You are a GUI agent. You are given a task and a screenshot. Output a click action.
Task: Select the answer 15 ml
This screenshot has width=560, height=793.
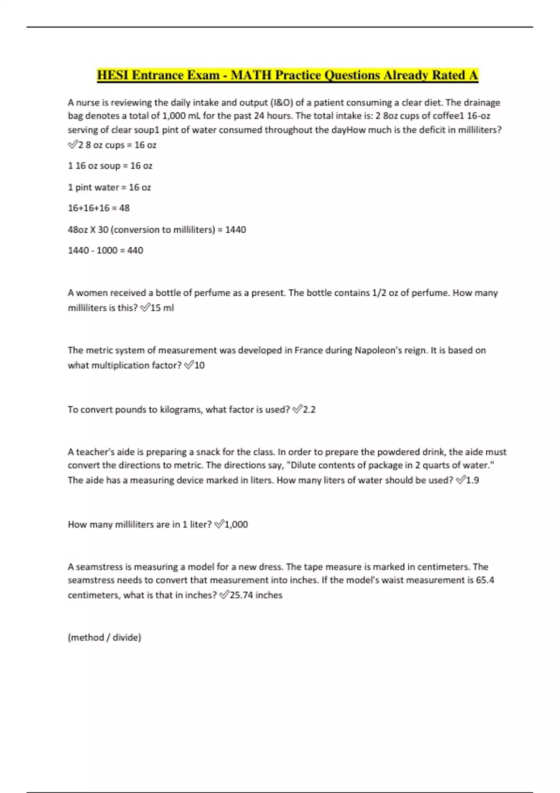coord(162,308)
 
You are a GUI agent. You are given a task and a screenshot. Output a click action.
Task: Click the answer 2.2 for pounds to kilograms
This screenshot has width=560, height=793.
coord(309,410)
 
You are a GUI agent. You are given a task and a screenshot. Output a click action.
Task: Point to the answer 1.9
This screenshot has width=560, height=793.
coord(472,480)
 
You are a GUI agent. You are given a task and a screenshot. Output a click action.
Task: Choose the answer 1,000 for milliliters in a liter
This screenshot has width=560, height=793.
coord(236,524)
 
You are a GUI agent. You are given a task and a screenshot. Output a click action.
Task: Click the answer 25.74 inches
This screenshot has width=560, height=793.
coord(256,595)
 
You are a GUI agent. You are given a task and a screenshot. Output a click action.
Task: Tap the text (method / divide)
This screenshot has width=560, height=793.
coord(105,637)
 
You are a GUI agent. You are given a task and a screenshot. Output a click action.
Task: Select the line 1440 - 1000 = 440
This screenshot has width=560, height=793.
coord(105,250)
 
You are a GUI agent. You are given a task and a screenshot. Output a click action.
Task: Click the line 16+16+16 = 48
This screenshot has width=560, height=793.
coord(98,208)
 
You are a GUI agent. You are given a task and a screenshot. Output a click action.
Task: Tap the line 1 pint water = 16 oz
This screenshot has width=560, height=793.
coord(109,188)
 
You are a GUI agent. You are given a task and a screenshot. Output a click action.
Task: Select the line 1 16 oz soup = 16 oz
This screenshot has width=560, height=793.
coord(110,166)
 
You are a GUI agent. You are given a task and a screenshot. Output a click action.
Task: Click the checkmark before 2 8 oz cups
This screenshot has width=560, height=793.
coord(72,145)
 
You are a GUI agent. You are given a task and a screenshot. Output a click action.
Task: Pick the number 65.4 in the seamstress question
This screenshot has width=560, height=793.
coord(485,580)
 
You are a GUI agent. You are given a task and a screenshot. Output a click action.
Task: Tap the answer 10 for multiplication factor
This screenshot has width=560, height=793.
coord(199,365)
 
